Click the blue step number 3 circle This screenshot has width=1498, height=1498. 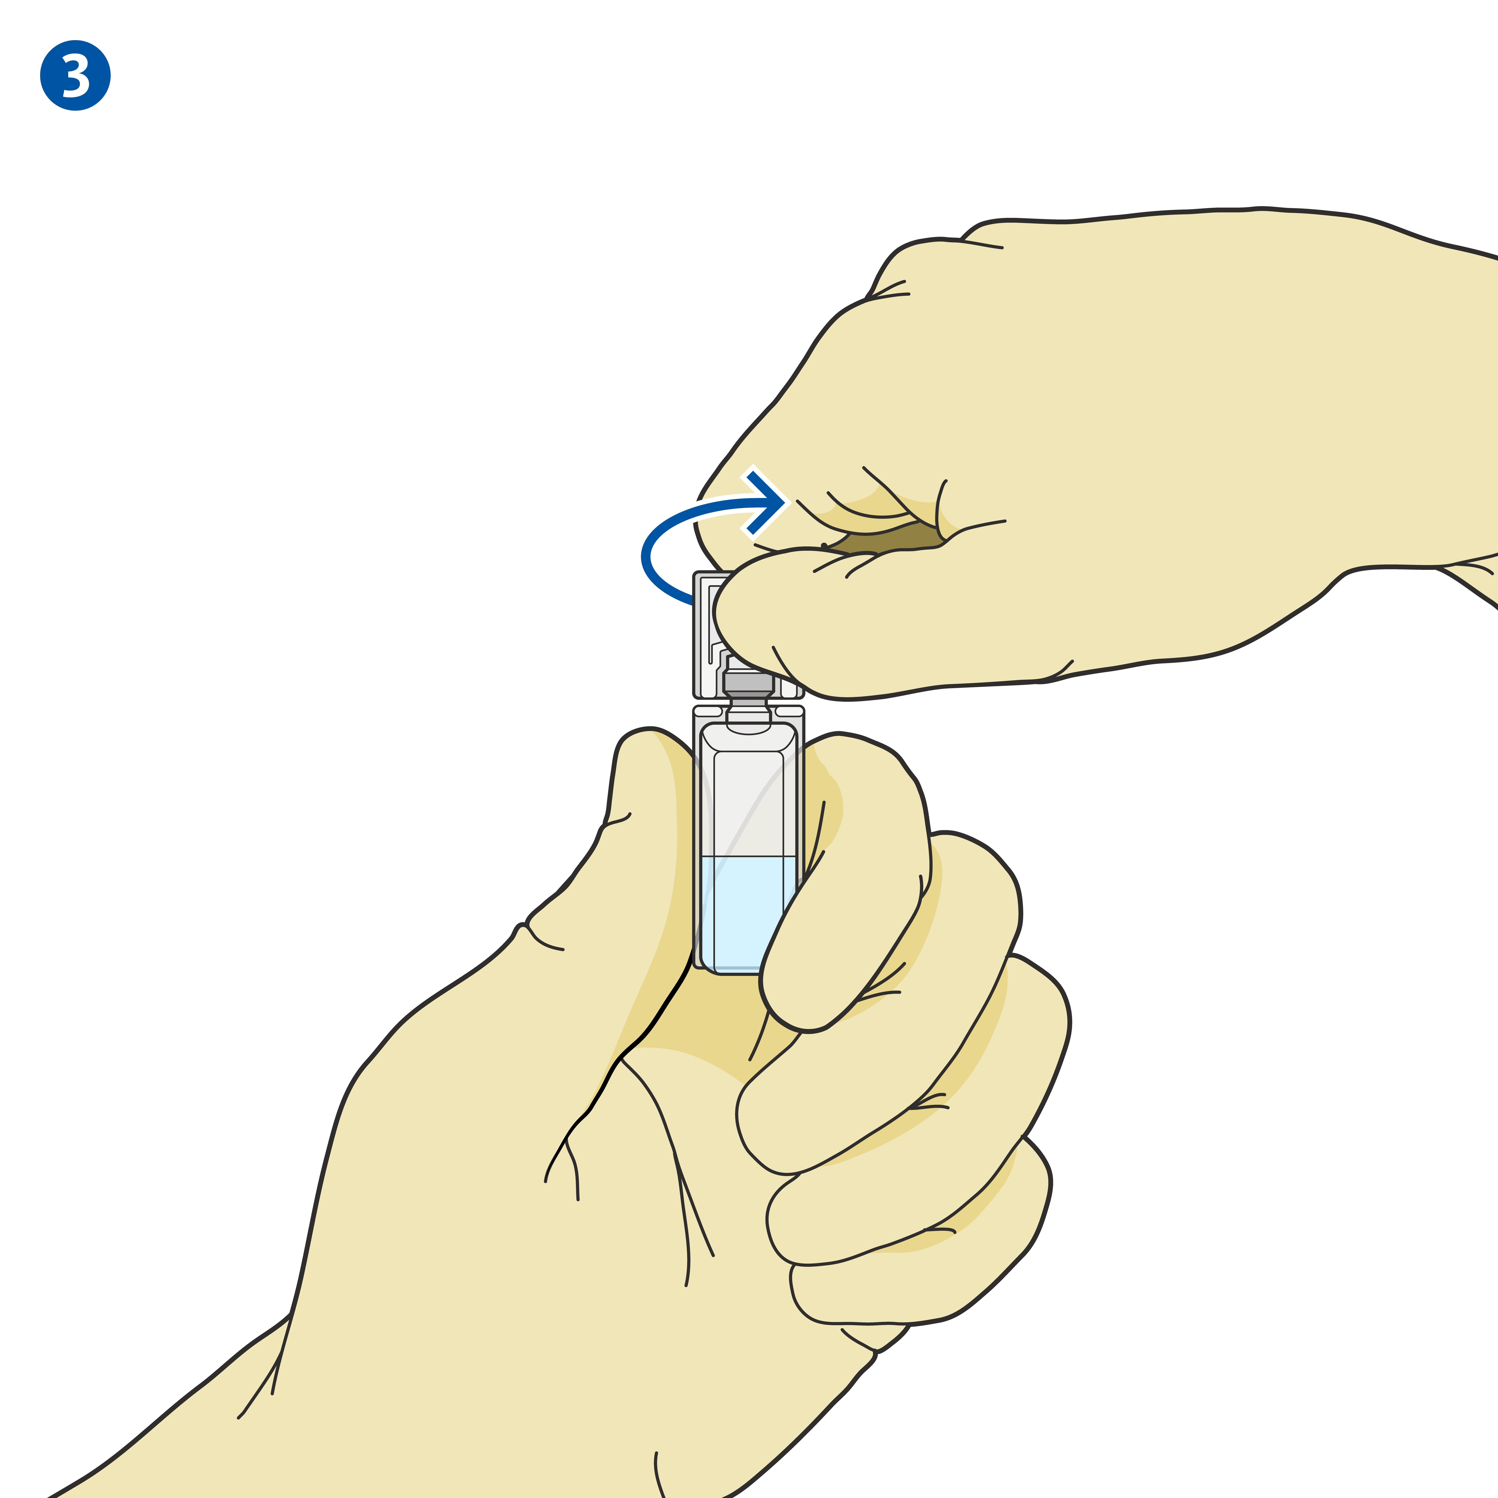click(75, 75)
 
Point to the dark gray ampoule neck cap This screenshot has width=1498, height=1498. click(748, 683)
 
